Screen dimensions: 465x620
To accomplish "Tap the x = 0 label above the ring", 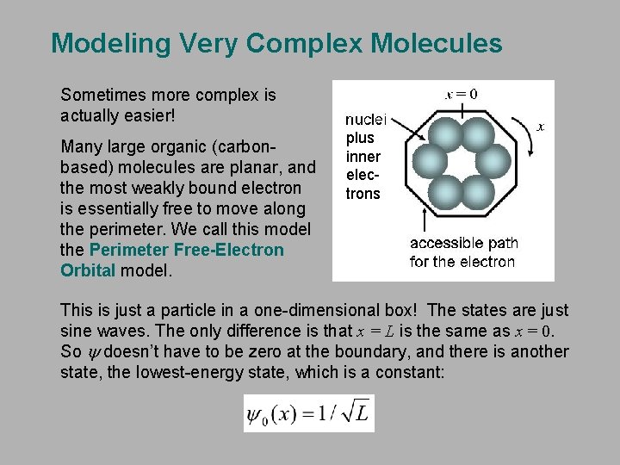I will (x=462, y=94).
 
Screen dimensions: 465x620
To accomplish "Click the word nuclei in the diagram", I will (x=366, y=121).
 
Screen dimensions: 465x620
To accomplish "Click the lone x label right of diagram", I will (x=540, y=127).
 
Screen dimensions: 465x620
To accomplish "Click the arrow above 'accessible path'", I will (x=425, y=215).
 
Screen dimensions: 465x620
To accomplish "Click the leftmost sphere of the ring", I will (x=428, y=160).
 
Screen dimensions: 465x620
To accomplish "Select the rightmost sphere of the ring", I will (x=494, y=160).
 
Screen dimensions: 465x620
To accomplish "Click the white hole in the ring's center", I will (x=461, y=160).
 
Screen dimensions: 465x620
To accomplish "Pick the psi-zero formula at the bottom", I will (x=308, y=413).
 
